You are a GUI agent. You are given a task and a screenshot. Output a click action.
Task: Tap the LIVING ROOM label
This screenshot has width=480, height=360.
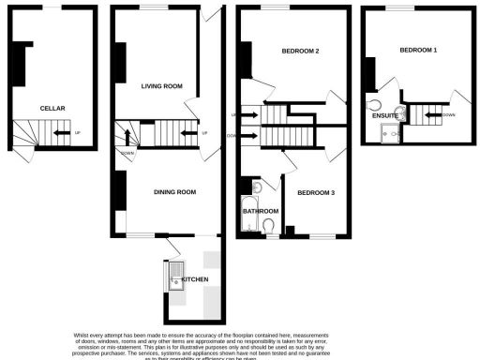click(161, 86)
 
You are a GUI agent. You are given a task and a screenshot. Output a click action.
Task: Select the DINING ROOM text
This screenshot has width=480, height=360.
click(174, 192)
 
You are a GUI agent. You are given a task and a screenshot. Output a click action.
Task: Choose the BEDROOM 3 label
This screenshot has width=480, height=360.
click(315, 192)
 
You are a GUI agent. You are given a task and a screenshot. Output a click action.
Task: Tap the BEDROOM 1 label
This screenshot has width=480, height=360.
click(418, 49)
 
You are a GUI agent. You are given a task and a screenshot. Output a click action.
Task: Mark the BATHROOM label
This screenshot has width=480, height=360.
click(262, 211)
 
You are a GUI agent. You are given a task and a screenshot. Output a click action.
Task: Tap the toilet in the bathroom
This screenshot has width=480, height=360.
click(270, 225)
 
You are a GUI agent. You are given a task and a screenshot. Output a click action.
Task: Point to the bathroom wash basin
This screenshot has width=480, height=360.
click(258, 187)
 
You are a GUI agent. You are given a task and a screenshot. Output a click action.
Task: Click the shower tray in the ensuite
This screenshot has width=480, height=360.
click(384, 133)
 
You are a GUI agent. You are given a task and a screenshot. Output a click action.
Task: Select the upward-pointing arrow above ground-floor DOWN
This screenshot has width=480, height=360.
click(127, 141)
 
